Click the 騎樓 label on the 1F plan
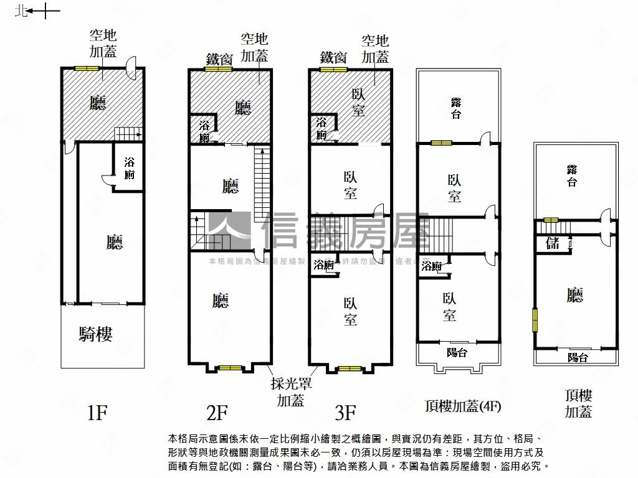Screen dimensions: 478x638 (96, 334)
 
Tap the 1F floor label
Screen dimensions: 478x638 (98, 412)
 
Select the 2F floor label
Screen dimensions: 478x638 (217, 412)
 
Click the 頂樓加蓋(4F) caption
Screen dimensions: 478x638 (463, 406)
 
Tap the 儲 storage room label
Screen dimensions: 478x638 (553, 243)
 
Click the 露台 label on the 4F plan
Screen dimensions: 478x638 (456, 108)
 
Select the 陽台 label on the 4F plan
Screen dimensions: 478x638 (457, 352)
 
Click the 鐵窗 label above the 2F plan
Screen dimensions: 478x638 (219, 59)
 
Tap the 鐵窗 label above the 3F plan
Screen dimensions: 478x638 (333, 58)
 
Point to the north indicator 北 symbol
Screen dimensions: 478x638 (22, 11)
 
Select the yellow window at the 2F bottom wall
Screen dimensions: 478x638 (230, 368)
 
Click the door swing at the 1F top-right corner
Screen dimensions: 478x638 (131, 67)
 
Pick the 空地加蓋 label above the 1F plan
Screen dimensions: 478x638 (103, 44)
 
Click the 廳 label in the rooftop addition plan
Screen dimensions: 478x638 (575, 295)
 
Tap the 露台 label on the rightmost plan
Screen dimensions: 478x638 (571, 176)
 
